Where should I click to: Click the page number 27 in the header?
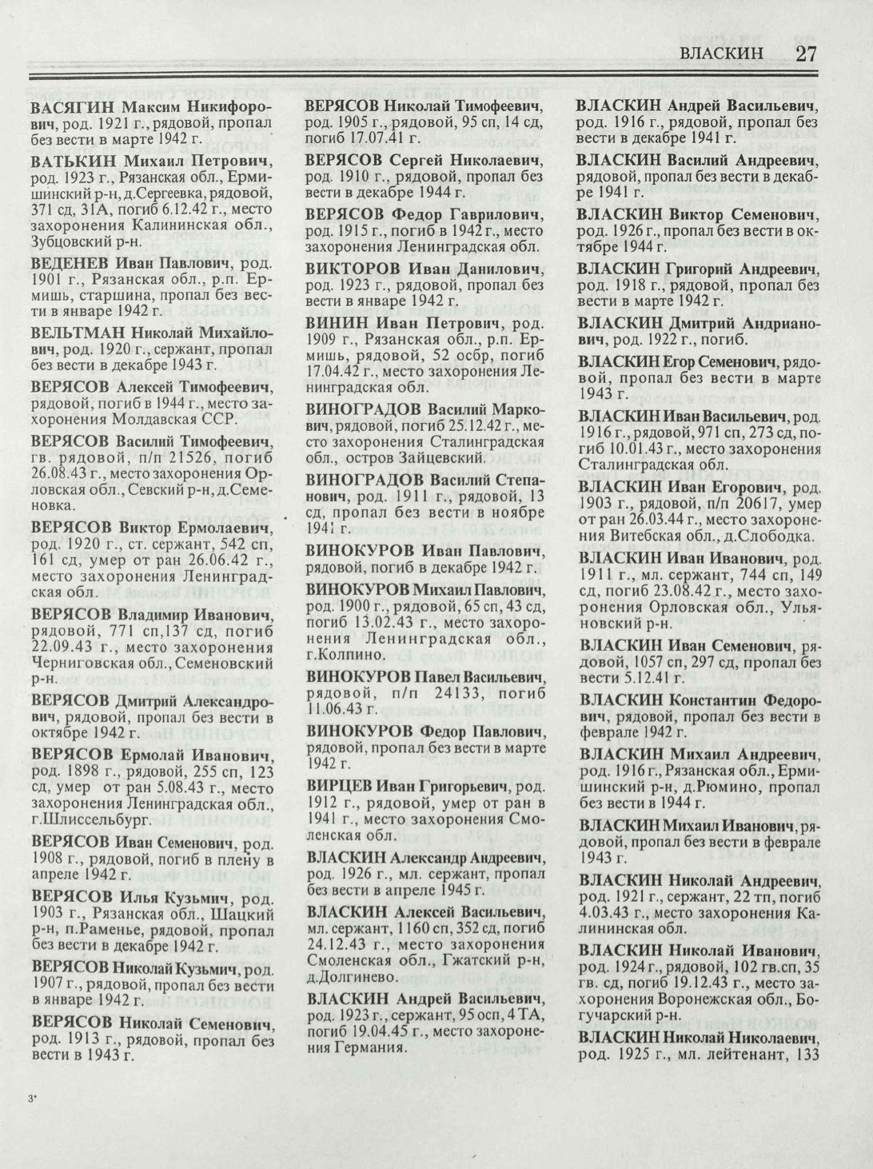[807, 54]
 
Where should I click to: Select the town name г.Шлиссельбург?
[85, 820]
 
